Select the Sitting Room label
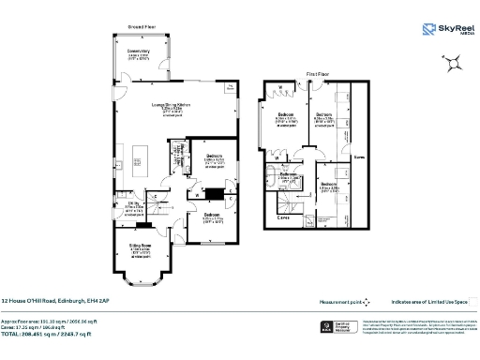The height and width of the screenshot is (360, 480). (141, 248)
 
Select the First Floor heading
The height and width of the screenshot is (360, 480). (317, 72)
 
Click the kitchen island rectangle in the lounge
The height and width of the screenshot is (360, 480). (143, 153)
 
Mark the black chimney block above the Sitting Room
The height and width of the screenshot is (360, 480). (142, 225)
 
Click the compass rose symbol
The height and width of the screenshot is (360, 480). (452, 63)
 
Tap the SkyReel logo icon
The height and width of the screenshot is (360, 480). (429, 28)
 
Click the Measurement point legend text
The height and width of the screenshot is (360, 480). (339, 302)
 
